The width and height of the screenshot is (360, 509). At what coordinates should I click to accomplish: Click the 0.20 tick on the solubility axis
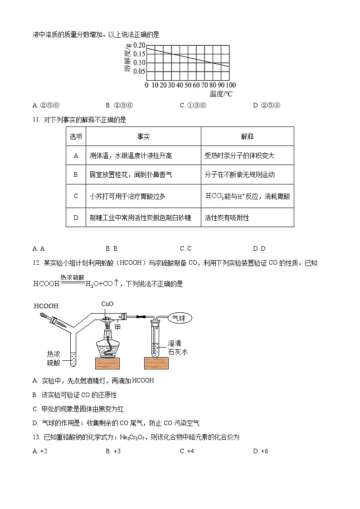click(139, 46)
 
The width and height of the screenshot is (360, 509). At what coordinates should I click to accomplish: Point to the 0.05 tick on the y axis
click(139, 71)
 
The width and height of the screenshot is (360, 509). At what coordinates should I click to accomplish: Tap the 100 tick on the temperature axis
click(231, 85)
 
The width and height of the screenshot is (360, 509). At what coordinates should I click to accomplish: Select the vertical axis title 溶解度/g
click(128, 58)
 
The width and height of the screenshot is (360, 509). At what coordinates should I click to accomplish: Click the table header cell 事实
click(143, 136)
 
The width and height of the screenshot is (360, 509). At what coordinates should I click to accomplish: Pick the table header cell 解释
click(247, 136)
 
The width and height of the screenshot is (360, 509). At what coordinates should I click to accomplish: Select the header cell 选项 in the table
click(76, 136)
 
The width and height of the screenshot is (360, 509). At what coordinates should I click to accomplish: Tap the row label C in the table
click(76, 196)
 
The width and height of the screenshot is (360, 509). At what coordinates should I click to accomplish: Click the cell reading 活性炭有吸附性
click(227, 218)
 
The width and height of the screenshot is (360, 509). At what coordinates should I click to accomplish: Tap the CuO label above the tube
click(107, 304)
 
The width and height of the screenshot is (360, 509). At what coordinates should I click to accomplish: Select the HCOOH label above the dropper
click(46, 306)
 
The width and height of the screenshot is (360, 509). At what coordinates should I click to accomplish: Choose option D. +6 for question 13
click(261, 451)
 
